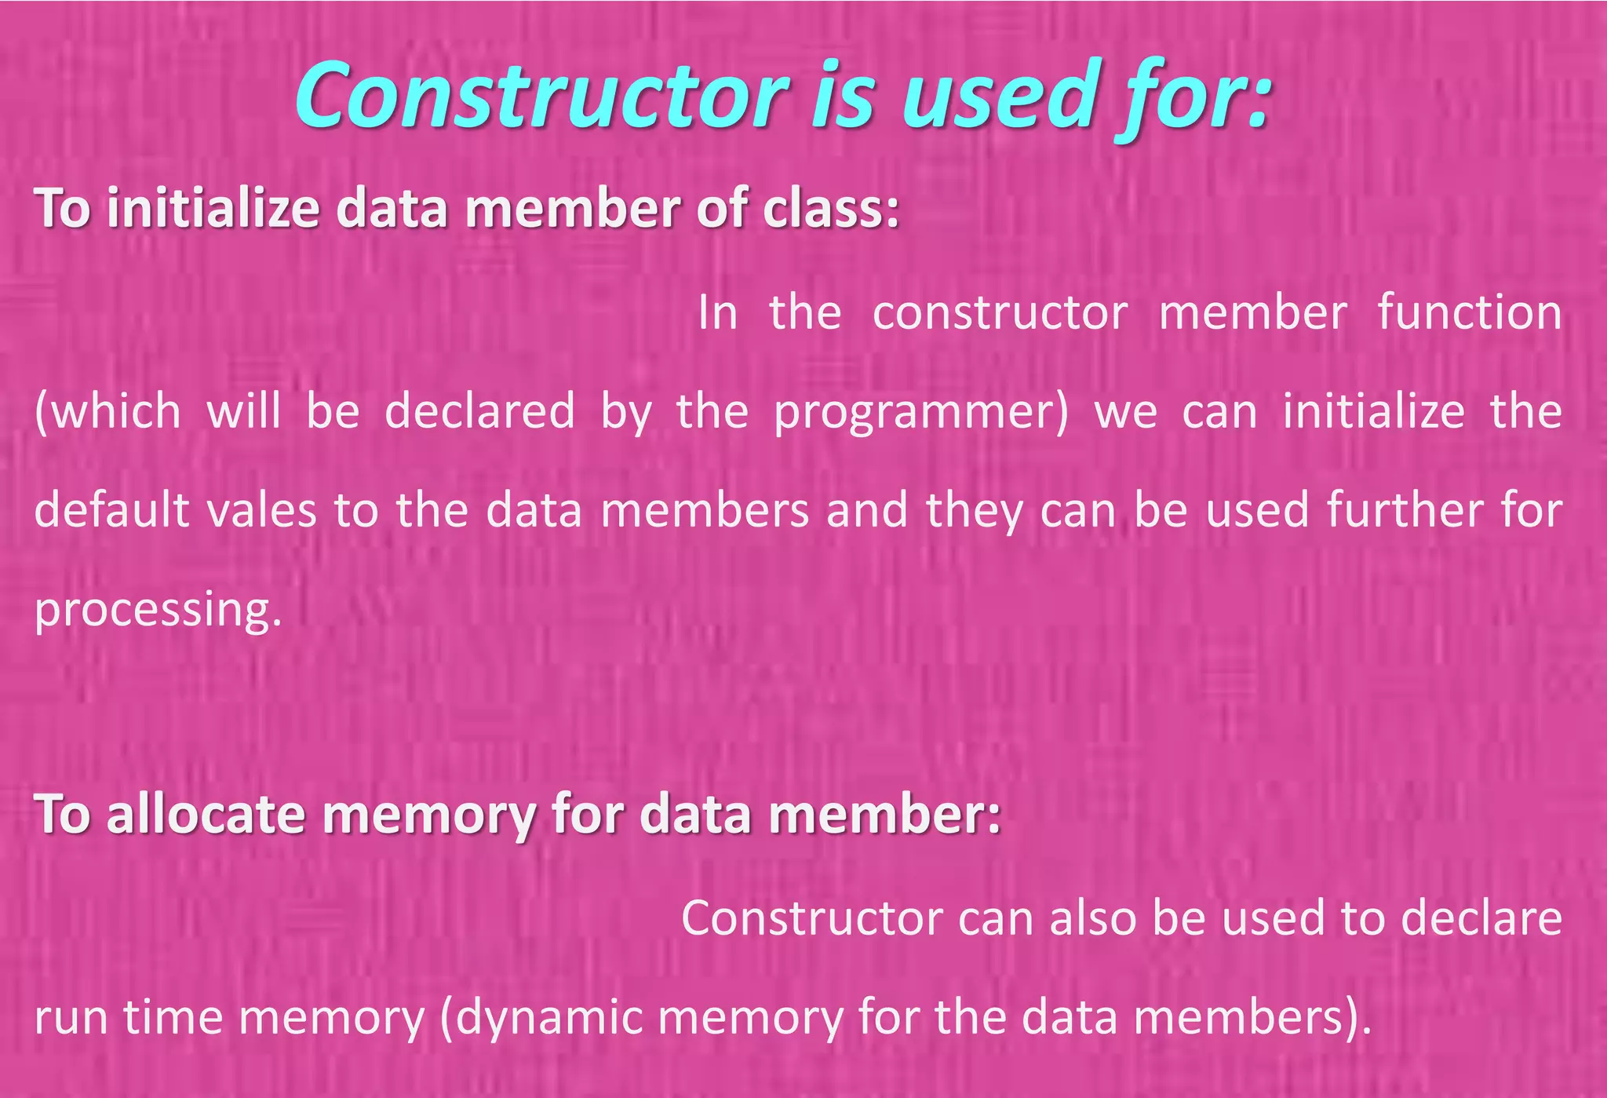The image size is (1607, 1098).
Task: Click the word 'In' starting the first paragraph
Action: coord(718,312)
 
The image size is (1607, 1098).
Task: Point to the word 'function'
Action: coord(1470,312)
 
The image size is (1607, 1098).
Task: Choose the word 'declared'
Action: coord(479,411)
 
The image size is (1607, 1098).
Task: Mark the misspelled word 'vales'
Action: coord(261,510)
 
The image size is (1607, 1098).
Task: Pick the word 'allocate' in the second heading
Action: coord(205,814)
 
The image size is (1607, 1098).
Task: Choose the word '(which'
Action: coord(107,411)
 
